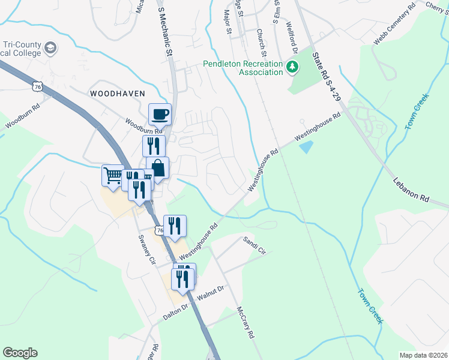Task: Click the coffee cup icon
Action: pos(160,113)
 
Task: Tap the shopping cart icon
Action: pos(113,175)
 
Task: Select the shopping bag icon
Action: pos(158,167)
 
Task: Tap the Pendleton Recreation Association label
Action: pos(243,68)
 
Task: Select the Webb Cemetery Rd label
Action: pos(394,25)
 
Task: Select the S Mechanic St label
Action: pos(164,29)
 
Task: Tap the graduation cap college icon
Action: pos(51,47)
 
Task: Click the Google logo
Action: pos(20,353)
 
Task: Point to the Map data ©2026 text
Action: pos(424,355)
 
